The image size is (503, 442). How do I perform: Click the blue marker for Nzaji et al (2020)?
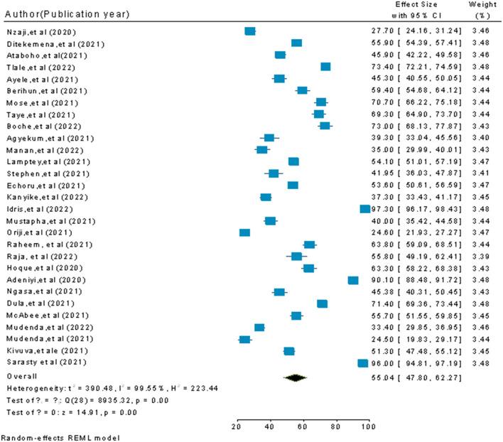click(x=249, y=31)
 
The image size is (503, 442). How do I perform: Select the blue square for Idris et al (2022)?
click(x=365, y=209)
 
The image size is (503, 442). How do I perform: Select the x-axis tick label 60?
click(x=302, y=426)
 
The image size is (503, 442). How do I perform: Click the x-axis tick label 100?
click(x=367, y=426)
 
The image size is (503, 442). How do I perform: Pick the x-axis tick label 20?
click(x=237, y=426)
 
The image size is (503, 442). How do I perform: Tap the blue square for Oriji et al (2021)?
click(x=245, y=232)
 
